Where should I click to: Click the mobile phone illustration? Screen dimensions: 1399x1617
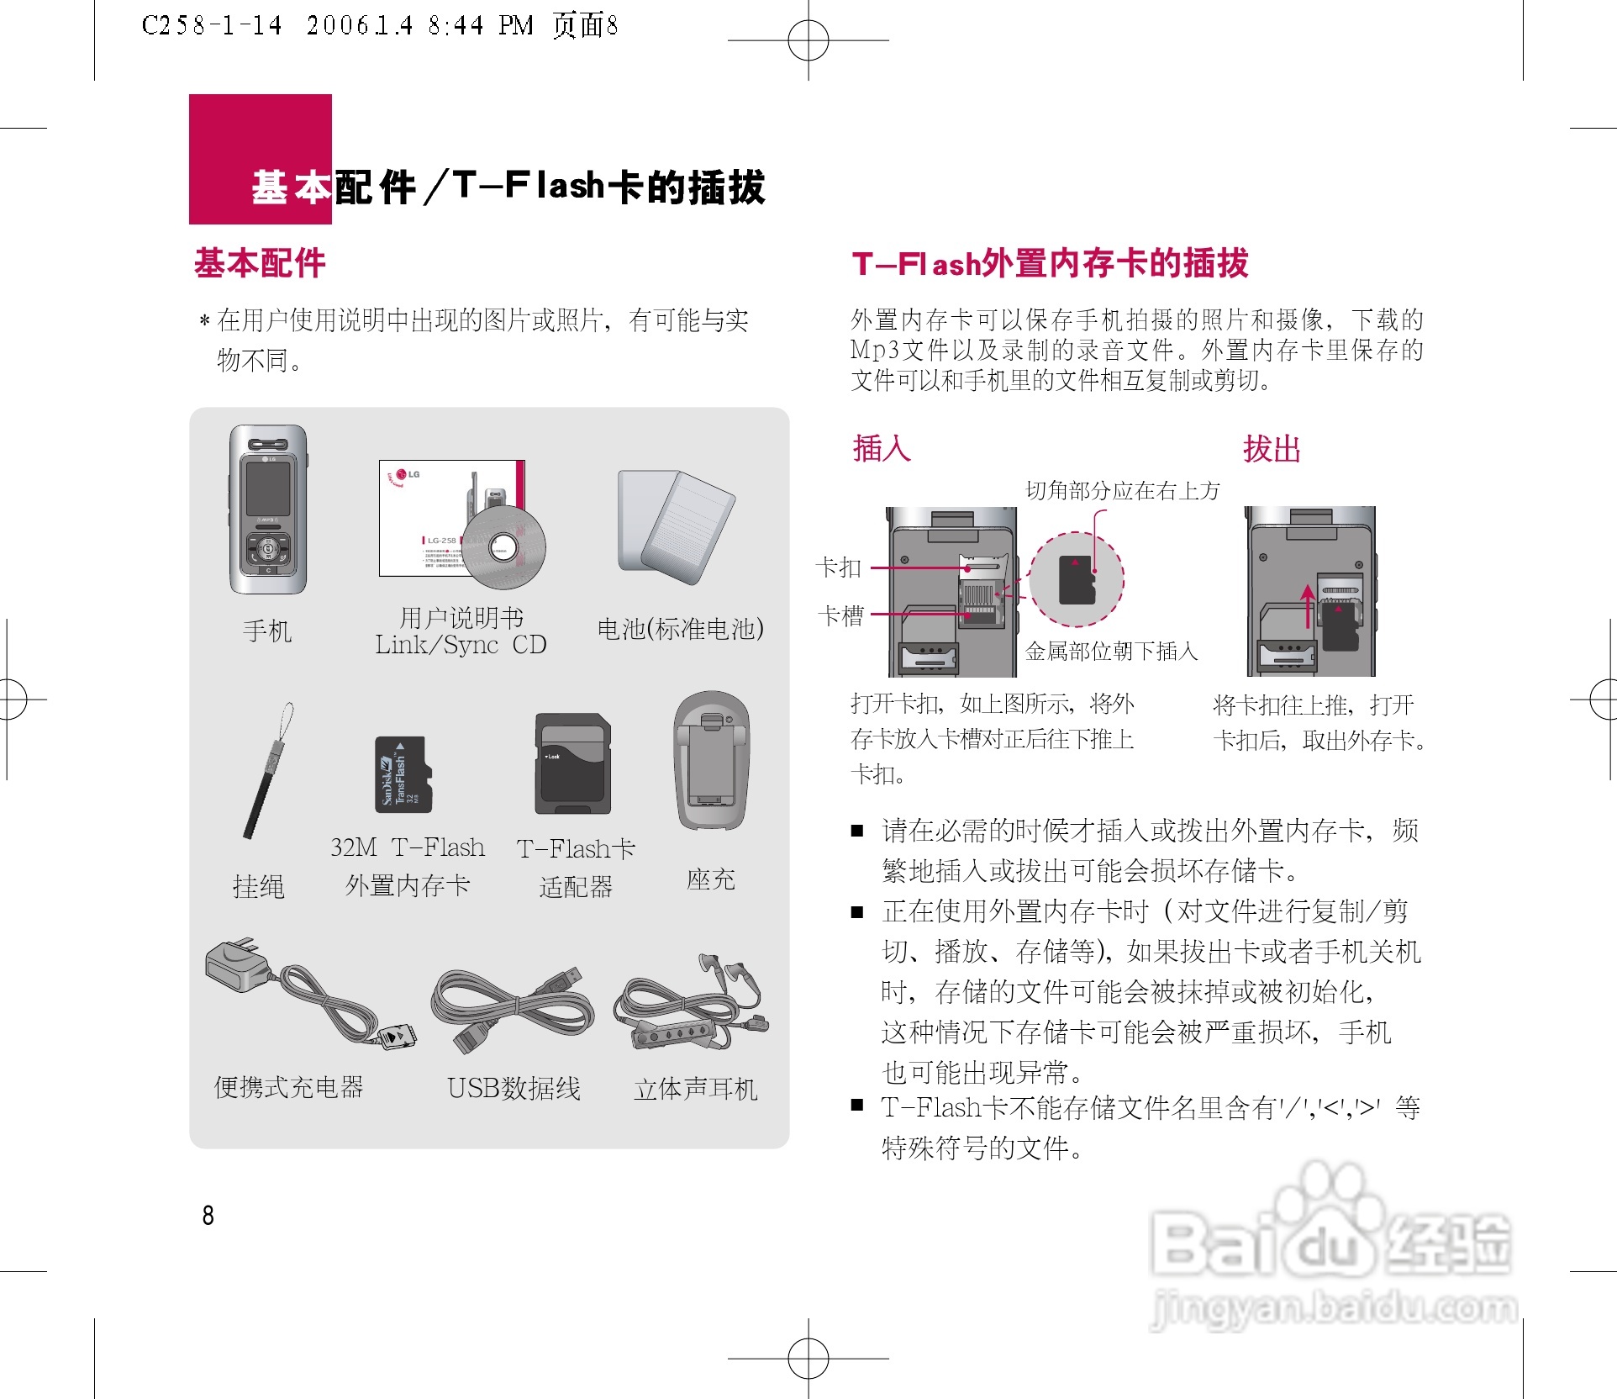pos(268,509)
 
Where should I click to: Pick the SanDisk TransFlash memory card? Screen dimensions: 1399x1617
pos(403,774)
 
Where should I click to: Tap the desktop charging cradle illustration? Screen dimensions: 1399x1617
pos(711,762)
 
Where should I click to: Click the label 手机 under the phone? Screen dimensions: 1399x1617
pos(267,631)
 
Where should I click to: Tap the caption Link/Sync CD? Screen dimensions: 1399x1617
pos(461,645)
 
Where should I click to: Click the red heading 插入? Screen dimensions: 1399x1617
pos(882,448)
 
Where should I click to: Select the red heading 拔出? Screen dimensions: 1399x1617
pos(1272,449)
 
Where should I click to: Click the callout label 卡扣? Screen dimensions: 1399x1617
pos(839,568)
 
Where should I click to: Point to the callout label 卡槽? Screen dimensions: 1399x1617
pos(841,615)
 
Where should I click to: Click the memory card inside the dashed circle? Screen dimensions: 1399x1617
pos(1077,580)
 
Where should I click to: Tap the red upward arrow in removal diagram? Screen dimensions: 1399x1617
pos(1308,605)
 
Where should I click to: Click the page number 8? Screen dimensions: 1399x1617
pos(208,1215)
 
